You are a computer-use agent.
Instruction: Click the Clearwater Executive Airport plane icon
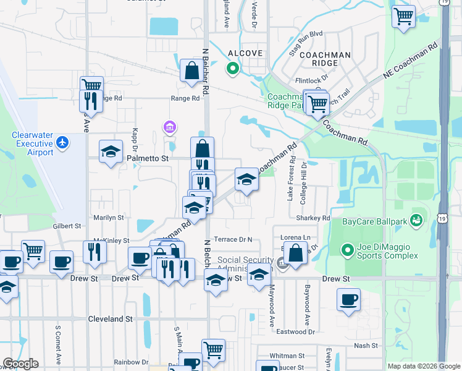coord(62,142)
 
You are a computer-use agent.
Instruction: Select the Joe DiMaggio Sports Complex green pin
coord(348,250)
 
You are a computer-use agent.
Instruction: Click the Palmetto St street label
coord(148,159)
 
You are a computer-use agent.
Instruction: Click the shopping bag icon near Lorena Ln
coord(296,254)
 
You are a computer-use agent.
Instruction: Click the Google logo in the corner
coord(20,364)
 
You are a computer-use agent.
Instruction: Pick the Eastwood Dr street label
coord(295,332)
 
